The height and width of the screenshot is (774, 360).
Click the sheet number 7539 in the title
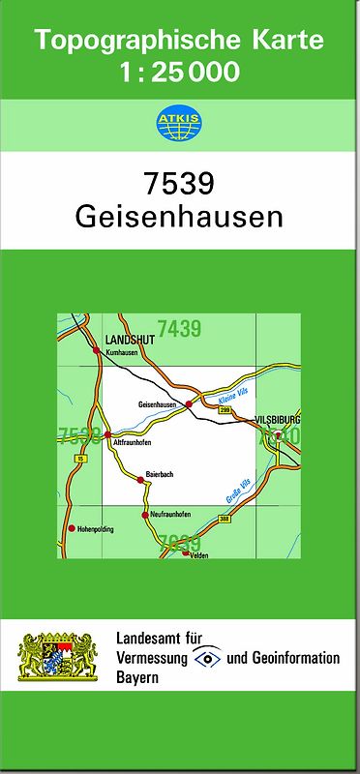pyautogui.click(x=179, y=183)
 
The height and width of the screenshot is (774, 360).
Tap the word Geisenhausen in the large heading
pyautogui.click(x=179, y=217)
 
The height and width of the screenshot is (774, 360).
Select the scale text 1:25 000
pyautogui.click(x=179, y=71)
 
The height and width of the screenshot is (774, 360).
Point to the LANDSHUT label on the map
pyautogui.click(x=124, y=340)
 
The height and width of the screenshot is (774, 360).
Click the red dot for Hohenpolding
pyautogui.click(x=71, y=528)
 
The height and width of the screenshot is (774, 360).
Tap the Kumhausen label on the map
pyautogui.click(x=123, y=354)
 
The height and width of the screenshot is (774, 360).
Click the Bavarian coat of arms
pyautogui.click(x=59, y=658)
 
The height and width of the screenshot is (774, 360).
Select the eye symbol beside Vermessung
pyautogui.click(x=206, y=658)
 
